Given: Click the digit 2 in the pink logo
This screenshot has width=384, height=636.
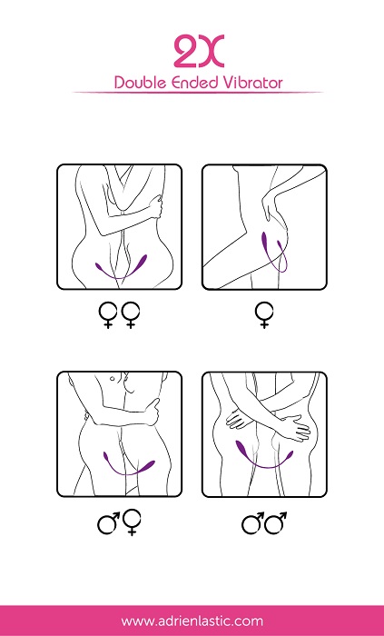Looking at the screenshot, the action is coord(185,52).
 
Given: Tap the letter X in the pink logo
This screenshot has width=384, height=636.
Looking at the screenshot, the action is coord(211,52).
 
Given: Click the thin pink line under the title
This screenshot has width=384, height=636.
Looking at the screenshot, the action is coord(198,93).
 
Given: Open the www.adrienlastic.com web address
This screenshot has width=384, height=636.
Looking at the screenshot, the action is coord(192,621).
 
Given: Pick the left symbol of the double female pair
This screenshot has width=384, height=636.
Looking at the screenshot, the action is coord(108,314).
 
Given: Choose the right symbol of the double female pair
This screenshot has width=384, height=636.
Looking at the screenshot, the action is coord(131,314).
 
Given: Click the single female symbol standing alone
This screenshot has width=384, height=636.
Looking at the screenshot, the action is coord(264,315).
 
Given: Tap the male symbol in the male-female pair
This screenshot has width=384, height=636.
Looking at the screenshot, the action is coord(109,523).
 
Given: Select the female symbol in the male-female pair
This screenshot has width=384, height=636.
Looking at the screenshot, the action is coord(132,522).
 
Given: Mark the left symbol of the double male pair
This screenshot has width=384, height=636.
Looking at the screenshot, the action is coord(253,523).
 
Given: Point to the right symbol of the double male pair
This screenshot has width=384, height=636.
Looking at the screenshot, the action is coord(276,523).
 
